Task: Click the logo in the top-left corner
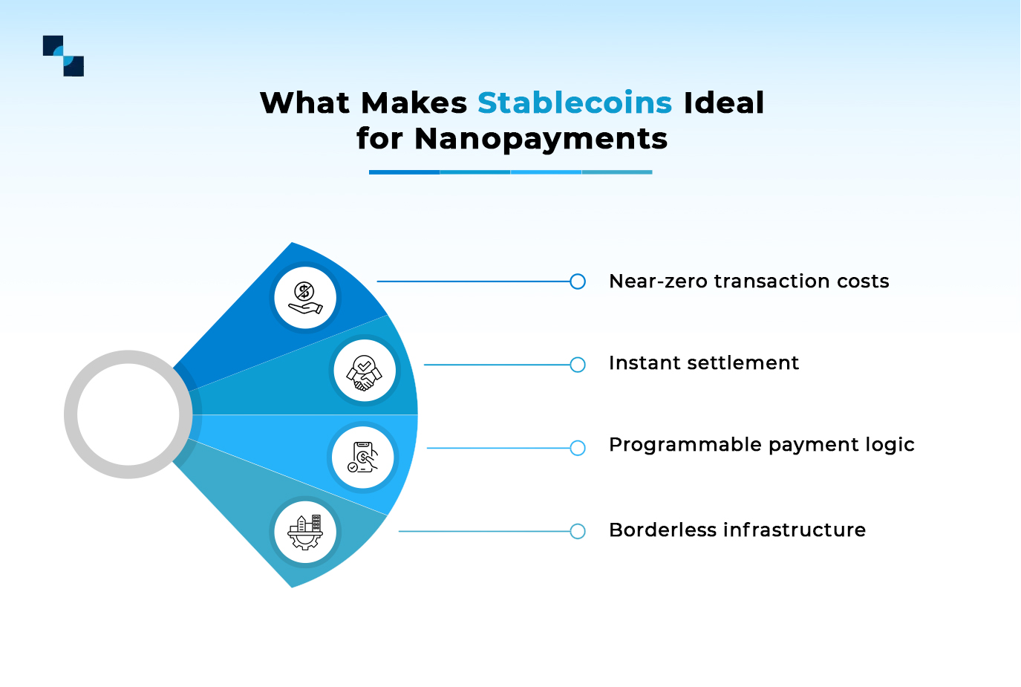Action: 63,56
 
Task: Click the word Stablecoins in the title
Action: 574,102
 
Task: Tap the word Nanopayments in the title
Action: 541,138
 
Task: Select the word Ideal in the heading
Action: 723,102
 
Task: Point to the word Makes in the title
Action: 414,102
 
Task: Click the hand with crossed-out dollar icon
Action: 305,298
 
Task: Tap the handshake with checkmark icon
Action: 364,371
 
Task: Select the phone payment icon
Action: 362,458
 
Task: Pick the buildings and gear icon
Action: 305,532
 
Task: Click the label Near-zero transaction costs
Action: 748,281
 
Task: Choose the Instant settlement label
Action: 703,363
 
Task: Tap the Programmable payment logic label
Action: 761,445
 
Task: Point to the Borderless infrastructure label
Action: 737,530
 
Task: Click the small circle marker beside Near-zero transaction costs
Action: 578,281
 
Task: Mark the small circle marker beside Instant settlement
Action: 578,365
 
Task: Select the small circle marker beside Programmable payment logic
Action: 578,448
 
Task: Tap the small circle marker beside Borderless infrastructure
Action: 578,531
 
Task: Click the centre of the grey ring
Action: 128,414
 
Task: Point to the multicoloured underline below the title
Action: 510,172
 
